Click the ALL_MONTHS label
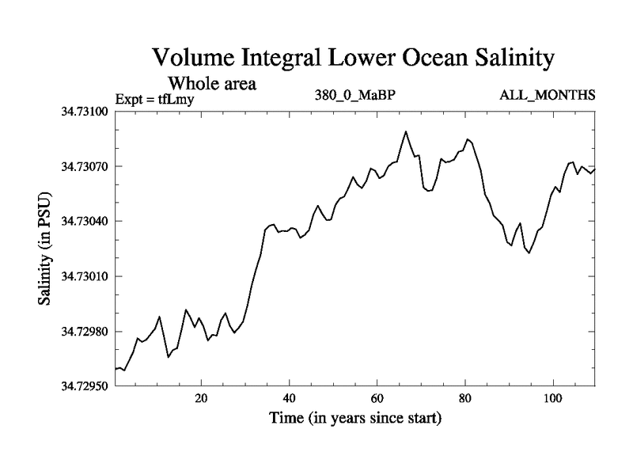(548, 97)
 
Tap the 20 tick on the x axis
(201, 397)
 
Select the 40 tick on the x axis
(289, 397)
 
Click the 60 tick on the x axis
(377, 397)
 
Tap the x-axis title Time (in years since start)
(355, 418)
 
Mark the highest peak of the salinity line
(406, 131)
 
